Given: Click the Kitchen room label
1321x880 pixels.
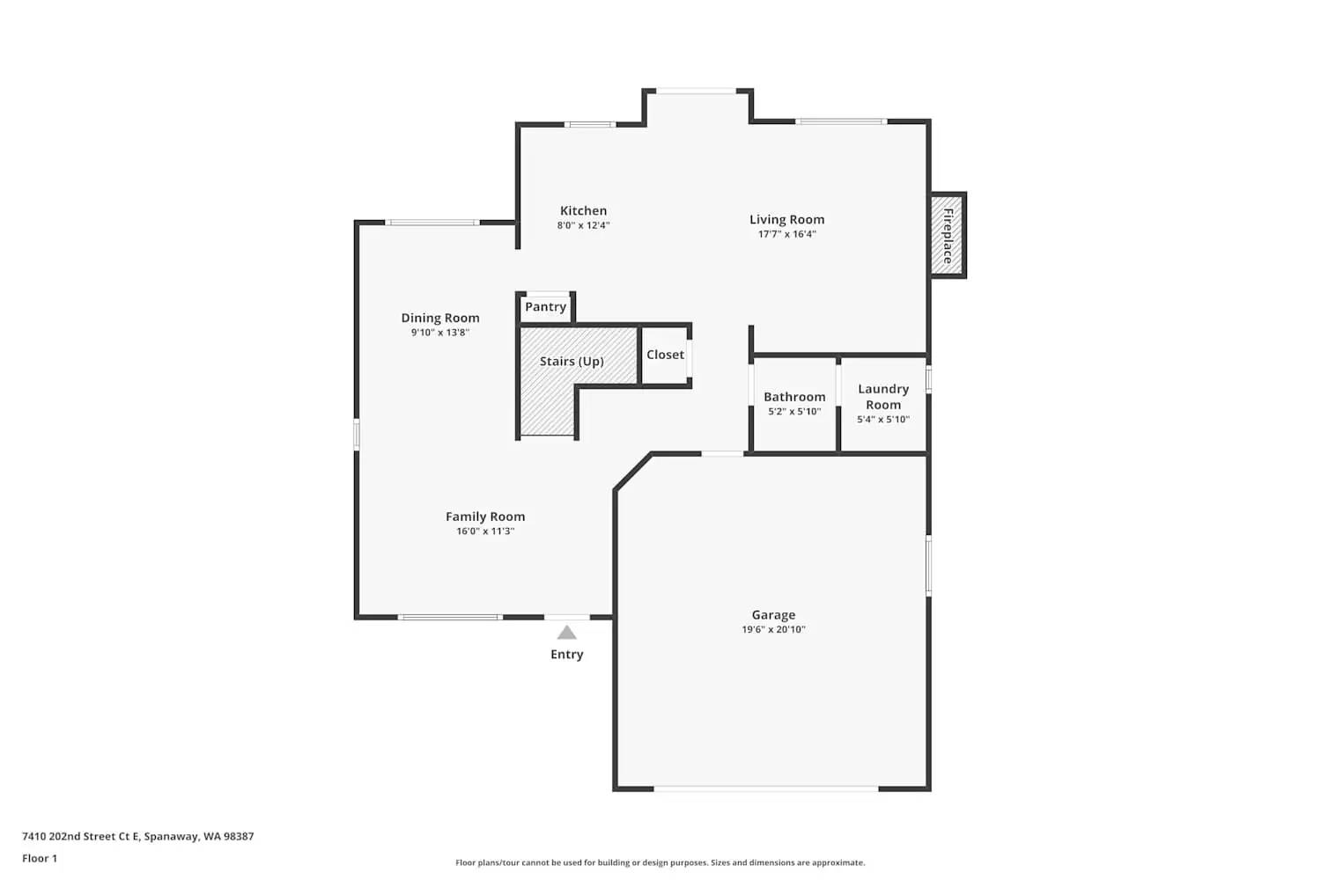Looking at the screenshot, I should click(583, 210).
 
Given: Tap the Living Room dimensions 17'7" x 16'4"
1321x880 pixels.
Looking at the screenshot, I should click(786, 234).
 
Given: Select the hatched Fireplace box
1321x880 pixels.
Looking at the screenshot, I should click(948, 236).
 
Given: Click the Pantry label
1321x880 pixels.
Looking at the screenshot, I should click(545, 307).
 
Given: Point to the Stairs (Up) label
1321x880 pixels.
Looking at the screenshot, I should click(572, 362).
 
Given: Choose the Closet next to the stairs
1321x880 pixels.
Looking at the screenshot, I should click(665, 355).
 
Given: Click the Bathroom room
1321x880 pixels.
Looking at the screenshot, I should click(794, 397).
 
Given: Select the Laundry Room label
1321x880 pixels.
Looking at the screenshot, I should click(883, 397).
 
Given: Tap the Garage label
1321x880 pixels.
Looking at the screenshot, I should click(773, 615).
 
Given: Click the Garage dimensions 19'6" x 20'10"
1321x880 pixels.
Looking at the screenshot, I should click(773, 630).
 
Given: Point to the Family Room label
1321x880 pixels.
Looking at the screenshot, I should click(485, 517).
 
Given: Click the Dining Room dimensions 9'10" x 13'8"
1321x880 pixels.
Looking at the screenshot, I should click(440, 333).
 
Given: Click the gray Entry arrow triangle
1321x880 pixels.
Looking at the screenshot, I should click(567, 633).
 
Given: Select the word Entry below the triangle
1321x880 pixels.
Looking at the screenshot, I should click(567, 655).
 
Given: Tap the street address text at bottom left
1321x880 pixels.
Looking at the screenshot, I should click(138, 837).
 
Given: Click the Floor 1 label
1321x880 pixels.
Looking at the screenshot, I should click(40, 859).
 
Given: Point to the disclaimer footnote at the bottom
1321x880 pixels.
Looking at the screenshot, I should click(660, 863).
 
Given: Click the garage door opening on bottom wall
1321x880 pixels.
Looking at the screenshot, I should click(766, 788).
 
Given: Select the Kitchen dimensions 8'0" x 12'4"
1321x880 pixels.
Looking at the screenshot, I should click(583, 225).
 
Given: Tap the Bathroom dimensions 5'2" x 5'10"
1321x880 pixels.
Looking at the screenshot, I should click(794, 412).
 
